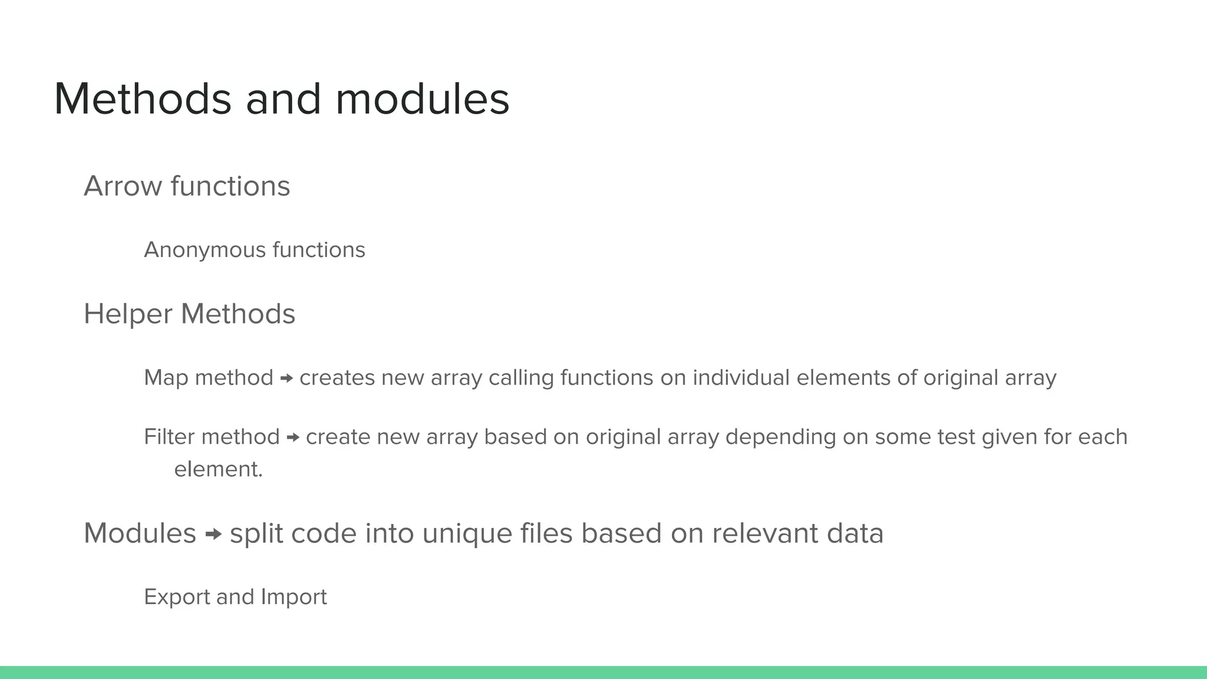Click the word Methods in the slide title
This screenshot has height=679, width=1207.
(142, 99)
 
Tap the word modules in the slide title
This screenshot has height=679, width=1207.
(422, 99)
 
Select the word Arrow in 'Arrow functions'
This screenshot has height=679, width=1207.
(123, 186)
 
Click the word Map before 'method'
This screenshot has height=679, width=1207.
(166, 378)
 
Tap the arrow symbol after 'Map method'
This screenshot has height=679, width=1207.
(286, 378)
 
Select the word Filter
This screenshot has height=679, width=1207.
(169, 437)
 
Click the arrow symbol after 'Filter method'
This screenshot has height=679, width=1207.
(293, 437)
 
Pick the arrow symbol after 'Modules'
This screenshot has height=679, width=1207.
(213, 534)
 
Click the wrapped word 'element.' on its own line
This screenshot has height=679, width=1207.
(218, 469)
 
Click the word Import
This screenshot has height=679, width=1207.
(293, 597)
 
